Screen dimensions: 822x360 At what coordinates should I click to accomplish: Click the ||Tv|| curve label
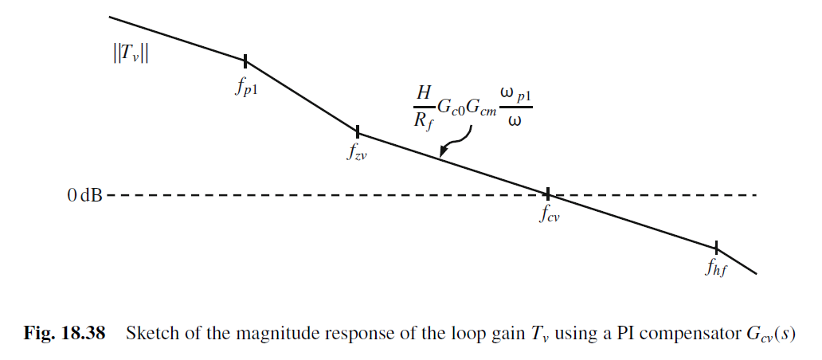(x=131, y=54)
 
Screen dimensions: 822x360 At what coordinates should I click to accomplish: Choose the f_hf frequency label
(x=716, y=268)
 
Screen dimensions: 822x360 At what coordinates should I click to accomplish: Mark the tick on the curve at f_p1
(x=245, y=60)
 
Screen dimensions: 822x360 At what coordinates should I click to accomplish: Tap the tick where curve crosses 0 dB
(x=548, y=194)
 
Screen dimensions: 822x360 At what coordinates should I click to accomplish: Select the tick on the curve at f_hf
(x=716, y=247)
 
